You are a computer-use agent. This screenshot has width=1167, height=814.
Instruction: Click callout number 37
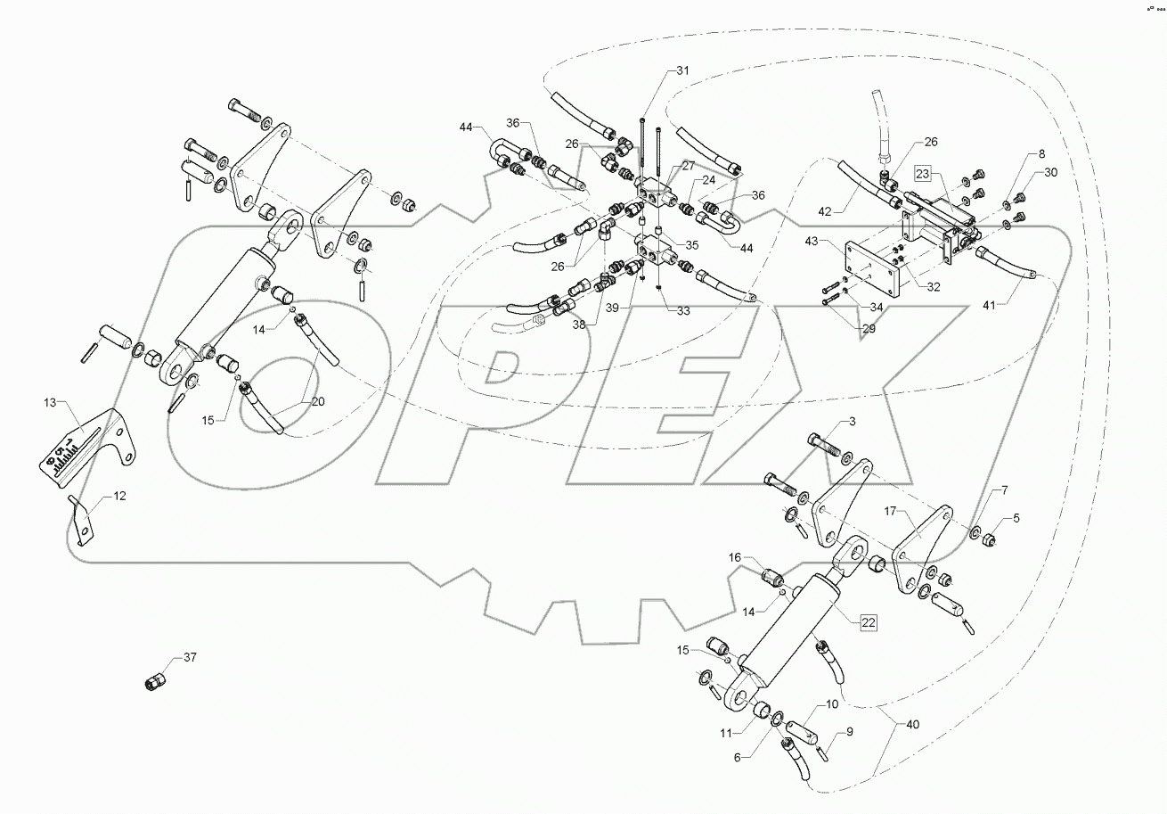coord(189,658)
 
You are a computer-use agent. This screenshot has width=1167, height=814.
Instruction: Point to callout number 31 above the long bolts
coord(682,70)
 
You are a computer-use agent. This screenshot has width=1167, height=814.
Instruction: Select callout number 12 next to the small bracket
coord(119,495)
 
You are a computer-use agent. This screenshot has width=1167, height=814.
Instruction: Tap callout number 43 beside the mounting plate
coord(812,242)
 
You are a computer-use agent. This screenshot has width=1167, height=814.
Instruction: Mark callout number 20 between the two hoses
coord(318,402)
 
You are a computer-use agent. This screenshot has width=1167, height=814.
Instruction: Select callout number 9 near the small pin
coord(850,731)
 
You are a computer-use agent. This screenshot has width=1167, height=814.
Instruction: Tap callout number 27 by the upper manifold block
coord(688,166)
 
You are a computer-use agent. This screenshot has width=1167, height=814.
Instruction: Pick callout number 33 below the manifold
coord(683,312)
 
